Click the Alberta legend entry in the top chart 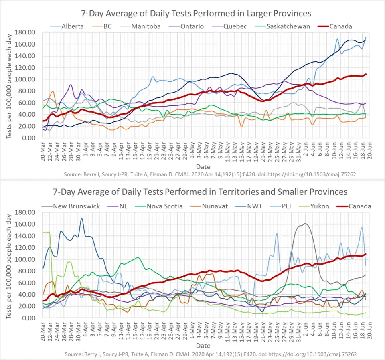coord(72,26)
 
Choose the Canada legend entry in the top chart coord(340,26)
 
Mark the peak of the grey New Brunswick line coord(305,224)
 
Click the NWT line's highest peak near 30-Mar coord(82,218)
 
